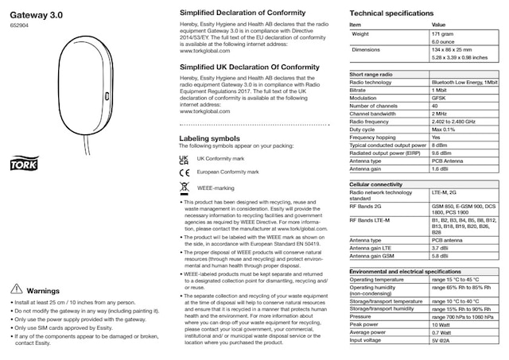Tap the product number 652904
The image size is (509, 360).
pos(18,25)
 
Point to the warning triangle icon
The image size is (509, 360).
pos(14,291)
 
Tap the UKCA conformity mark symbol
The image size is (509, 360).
pos(184,159)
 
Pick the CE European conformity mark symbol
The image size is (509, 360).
pos(184,172)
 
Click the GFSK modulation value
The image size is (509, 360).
pos(439,98)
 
